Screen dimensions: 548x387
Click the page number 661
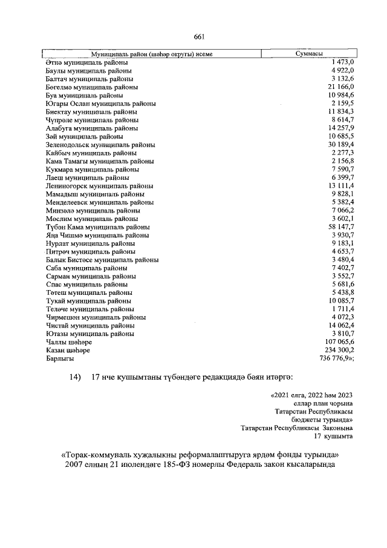[198, 37]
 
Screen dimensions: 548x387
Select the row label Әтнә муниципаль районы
[86, 62]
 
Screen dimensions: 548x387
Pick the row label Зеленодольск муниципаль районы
[100, 145]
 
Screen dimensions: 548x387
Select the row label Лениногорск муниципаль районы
[99, 186]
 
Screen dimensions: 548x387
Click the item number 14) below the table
[76, 377]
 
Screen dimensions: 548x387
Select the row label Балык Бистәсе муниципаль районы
[102, 259]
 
